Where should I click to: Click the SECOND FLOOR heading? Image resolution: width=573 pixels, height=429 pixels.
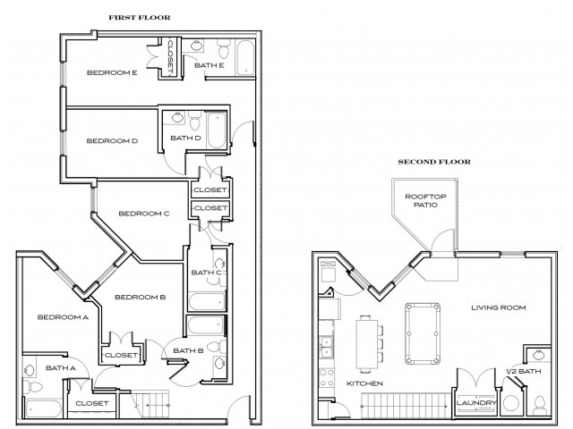435,162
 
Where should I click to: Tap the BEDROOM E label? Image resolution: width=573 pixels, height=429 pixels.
111,72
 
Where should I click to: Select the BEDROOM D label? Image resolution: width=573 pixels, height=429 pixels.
111,139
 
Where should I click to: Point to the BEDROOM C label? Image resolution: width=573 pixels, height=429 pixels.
143,213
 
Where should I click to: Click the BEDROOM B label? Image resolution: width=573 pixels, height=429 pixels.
141,297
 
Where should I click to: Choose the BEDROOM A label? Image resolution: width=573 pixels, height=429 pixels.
63,316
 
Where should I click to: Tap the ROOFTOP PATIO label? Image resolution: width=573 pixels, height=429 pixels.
425,201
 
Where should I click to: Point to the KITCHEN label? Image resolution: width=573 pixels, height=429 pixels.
364,383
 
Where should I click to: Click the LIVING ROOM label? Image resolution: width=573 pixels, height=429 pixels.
498,307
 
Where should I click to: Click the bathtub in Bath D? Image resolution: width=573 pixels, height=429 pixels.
216,130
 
